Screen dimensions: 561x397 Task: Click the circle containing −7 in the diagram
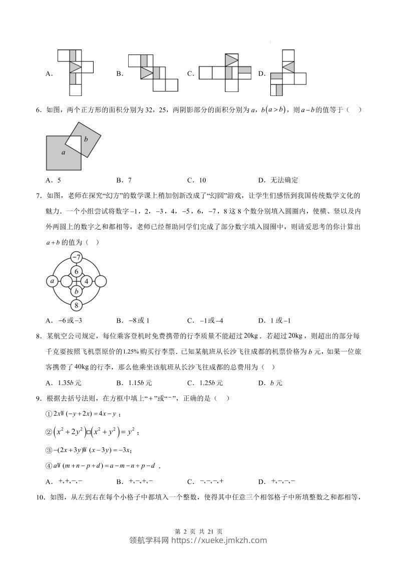pyautogui.click(x=77, y=258)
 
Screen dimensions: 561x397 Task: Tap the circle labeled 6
pyautogui.click(x=77, y=271)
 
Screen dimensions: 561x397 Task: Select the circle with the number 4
pyautogui.click(x=87, y=281)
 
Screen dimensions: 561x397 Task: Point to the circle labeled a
pyautogui.click(x=53, y=281)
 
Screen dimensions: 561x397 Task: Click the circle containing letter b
pyautogui.click(x=77, y=291)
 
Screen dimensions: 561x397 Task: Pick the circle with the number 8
pyautogui.click(x=77, y=305)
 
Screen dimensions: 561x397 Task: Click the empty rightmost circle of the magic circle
pyautogui.click(x=100, y=281)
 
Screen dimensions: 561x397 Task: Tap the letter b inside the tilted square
pyautogui.click(x=86, y=139)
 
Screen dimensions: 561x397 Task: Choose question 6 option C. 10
pyautogui.click(x=196, y=180)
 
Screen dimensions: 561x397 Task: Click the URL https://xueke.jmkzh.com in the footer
pyautogui.click(x=219, y=540)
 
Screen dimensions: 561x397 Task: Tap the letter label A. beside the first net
pyautogui.click(x=49, y=74)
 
